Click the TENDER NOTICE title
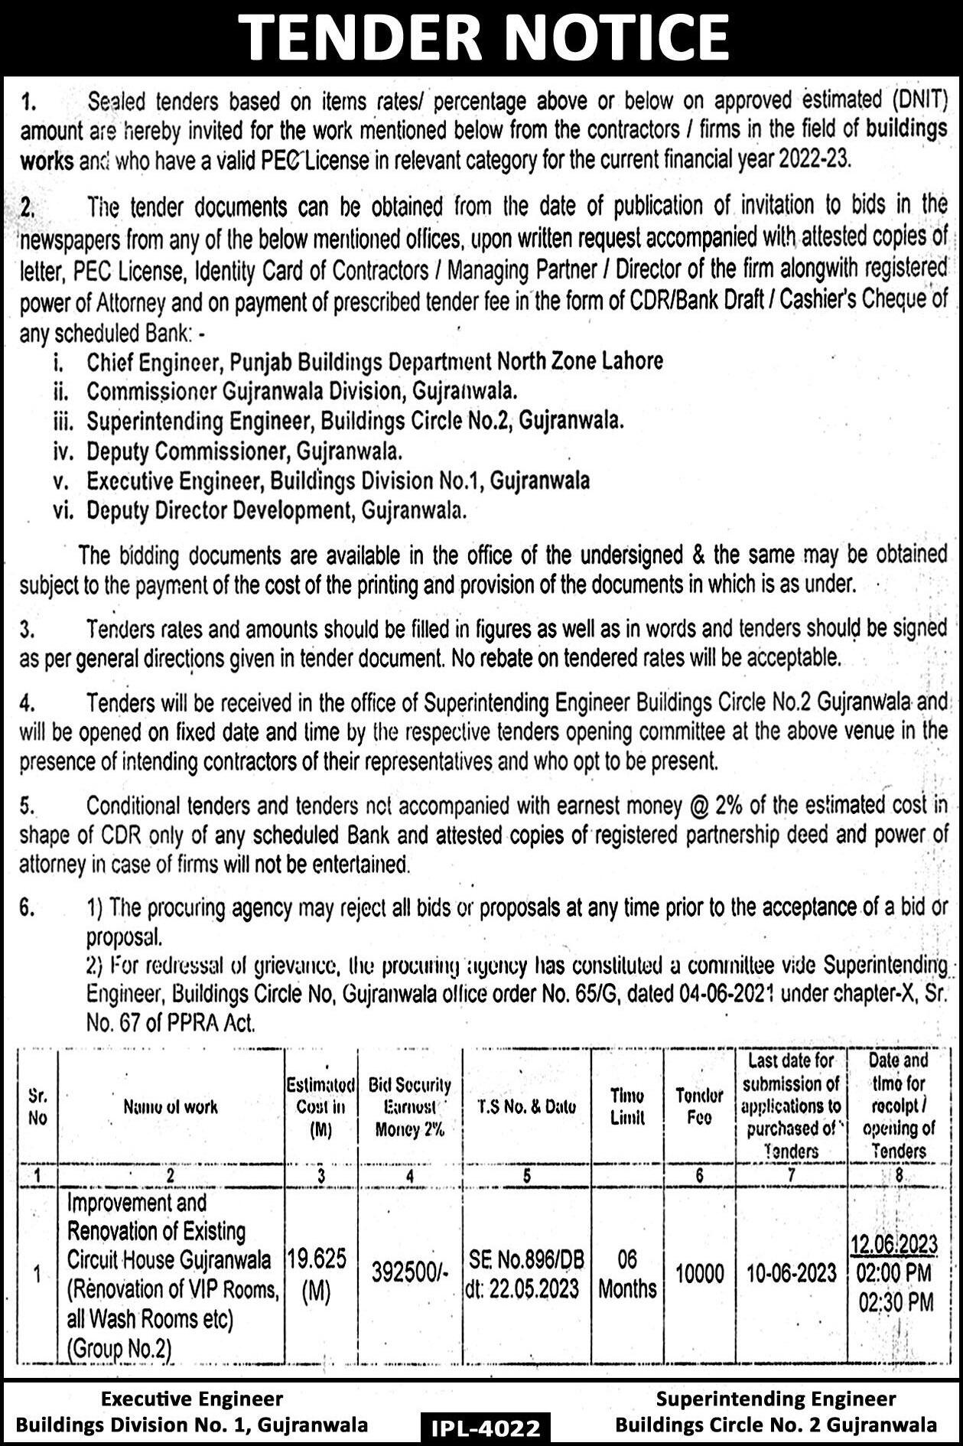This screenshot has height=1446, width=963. (x=481, y=37)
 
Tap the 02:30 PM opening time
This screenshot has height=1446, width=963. (x=896, y=1303)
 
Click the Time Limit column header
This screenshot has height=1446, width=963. (x=627, y=1106)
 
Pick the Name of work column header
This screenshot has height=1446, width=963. (x=170, y=1106)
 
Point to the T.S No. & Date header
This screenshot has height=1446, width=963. (x=527, y=1106)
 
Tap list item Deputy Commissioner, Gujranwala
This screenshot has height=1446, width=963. (x=244, y=451)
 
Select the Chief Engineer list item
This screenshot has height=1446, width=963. (x=374, y=360)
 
